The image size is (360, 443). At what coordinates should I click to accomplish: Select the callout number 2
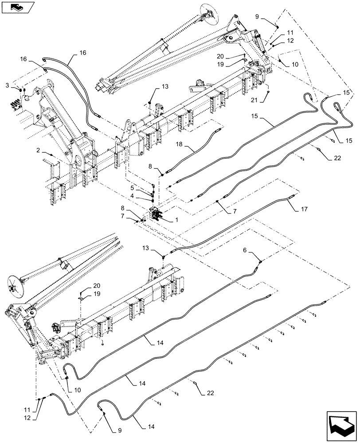pyautogui.click(x=40, y=151)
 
